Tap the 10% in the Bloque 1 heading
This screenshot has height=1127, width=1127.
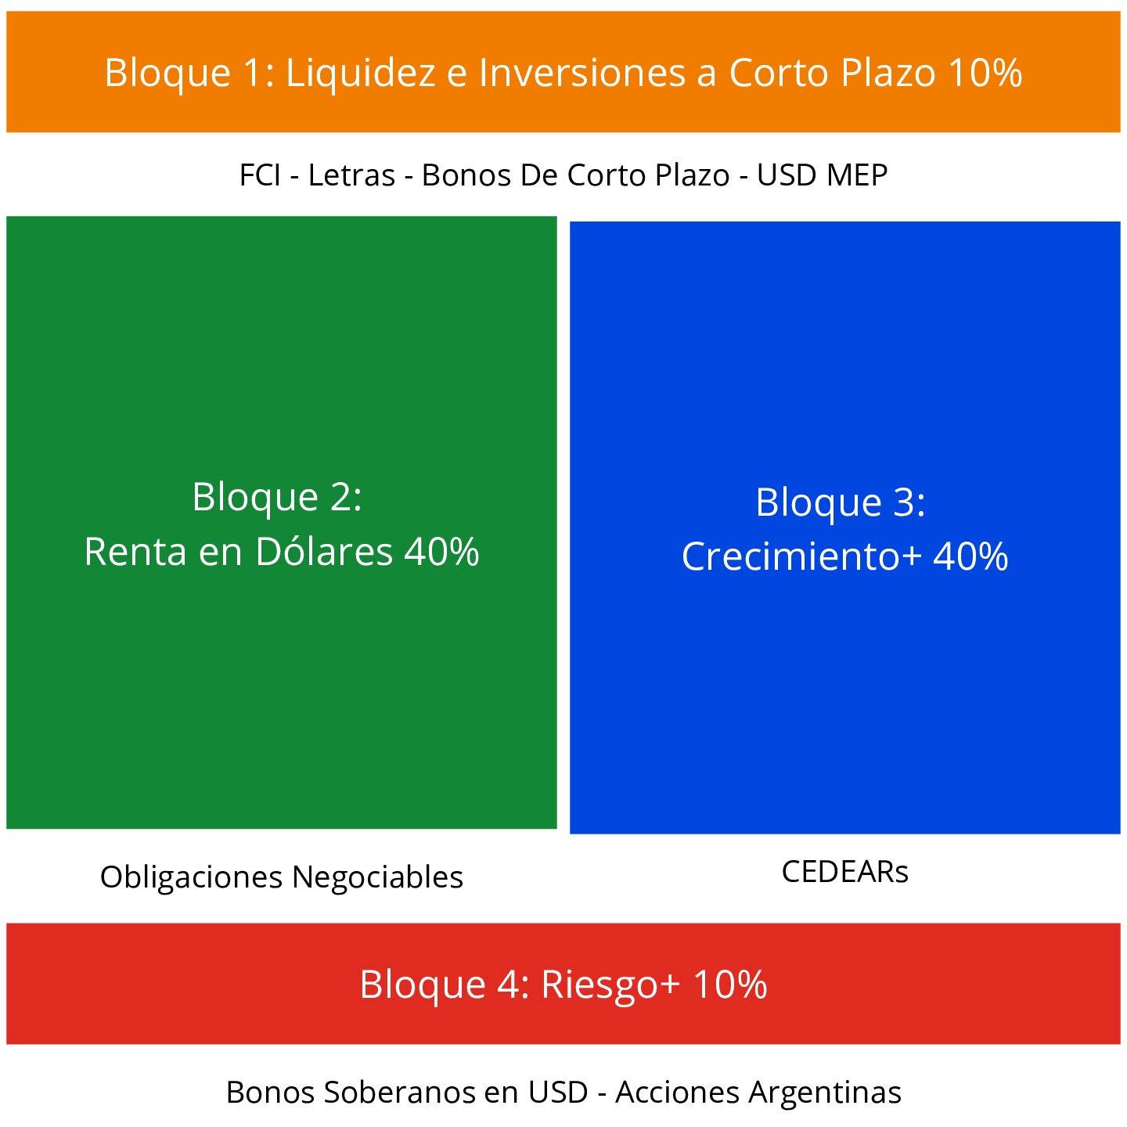click(985, 73)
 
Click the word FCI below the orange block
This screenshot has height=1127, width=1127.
click(260, 175)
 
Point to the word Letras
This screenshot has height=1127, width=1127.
click(351, 175)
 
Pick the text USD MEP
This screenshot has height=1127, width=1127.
click(822, 175)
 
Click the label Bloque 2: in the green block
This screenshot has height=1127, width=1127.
click(277, 497)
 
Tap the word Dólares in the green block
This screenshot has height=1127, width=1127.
click(324, 552)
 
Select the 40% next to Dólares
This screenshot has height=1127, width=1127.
click(441, 552)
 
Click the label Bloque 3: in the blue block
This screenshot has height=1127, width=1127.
click(841, 502)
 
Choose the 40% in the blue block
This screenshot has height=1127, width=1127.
click(970, 557)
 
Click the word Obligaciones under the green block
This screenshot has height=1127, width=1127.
click(192, 877)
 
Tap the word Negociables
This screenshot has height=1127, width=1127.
click(378, 877)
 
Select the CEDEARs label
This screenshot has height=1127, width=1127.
click(845, 872)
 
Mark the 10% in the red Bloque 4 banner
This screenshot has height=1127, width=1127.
click(729, 985)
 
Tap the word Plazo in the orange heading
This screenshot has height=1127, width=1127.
click(888, 73)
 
